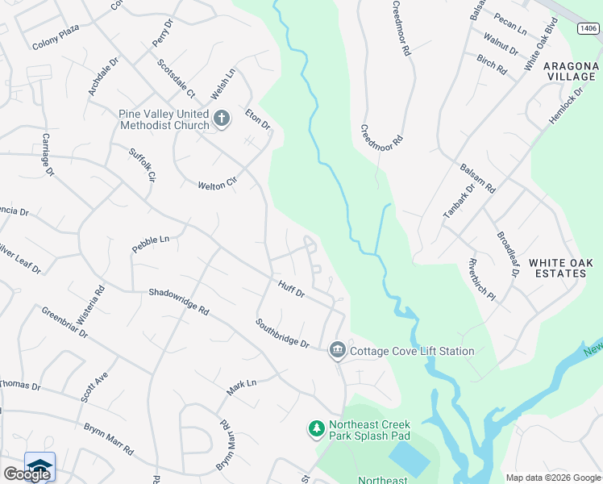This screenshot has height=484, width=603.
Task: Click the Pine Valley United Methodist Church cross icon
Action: pyautogui.click(x=222, y=119)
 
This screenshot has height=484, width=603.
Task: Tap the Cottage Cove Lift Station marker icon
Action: pyautogui.click(x=337, y=350)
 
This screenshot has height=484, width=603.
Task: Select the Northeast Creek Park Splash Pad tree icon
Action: pyautogui.click(x=317, y=429)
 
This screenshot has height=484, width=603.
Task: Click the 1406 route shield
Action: pyautogui.click(x=588, y=29)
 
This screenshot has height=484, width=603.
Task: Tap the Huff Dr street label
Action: pyautogui.click(x=291, y=288)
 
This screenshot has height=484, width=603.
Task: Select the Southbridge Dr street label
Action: pyautogui.click(x=283, y=332)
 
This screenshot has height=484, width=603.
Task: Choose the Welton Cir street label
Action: pyautogui.click(x=218, y=185)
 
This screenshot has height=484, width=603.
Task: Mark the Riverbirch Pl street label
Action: pyautogui.click(x=481, y=278)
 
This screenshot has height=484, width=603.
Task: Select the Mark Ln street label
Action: pyautogui.click(x=241, y=387)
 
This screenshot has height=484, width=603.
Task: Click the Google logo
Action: pyautogui.click(x=27, y=474)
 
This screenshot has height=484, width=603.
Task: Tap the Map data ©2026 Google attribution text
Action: pyautogui.click(x=552, y=478)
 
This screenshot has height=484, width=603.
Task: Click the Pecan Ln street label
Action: pyautogui.click(x=509, y=30)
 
